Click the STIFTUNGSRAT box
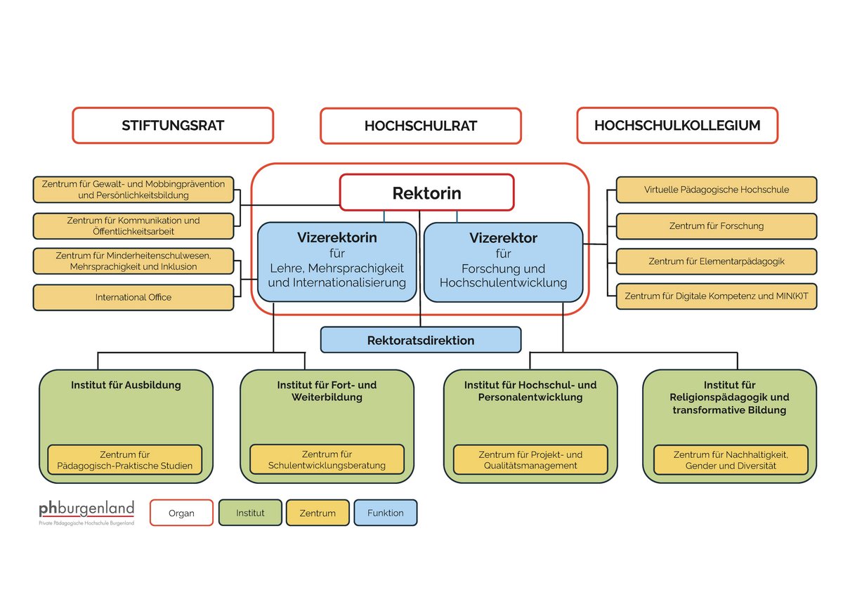[173, 126]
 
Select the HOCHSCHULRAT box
[421, 126]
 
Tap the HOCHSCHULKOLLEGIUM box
[677, 126]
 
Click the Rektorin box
[426, 192]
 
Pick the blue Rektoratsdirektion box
[421, 340]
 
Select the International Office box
[133, 297]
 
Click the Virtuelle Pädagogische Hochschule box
[717, 190]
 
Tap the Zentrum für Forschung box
[717, 226]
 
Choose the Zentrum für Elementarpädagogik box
[717, 261]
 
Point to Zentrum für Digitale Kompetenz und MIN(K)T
[717, 296]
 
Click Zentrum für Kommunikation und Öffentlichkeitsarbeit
[133, 225]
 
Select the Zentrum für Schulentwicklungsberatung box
[327, 459]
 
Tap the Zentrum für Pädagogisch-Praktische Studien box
[125, 459]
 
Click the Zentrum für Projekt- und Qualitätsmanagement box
[530, 459]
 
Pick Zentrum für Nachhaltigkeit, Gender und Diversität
[731, 459]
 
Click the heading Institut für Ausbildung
[126, 385]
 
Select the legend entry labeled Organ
[181, 513]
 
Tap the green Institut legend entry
[250, 513]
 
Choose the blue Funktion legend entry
[385, 513]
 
